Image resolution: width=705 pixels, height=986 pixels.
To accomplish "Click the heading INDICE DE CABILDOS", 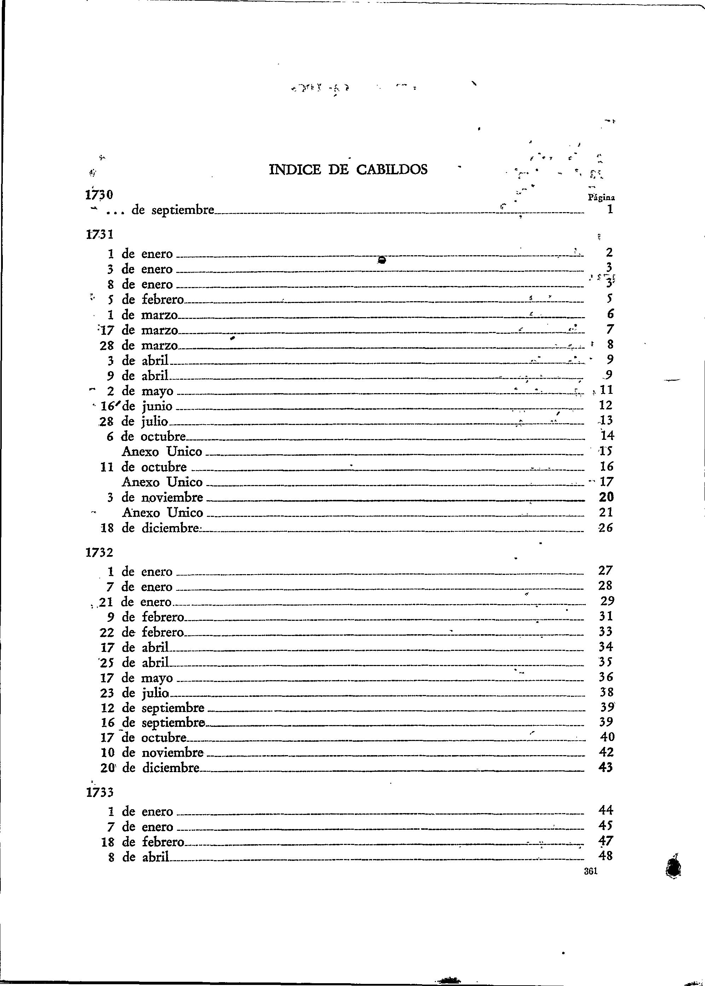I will (348, 170).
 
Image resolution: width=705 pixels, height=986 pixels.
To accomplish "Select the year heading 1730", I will (99, 195).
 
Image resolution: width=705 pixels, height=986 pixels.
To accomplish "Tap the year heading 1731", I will (99, 235).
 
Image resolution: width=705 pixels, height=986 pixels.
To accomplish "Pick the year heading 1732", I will (99, 553).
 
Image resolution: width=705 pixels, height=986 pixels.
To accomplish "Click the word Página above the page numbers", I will (601, 198).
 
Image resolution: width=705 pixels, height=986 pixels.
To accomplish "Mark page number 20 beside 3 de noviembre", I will (606, 497).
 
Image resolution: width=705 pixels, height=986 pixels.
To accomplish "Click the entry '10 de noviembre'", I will (152, 752).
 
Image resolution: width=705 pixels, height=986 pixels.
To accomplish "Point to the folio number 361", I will (591, 870).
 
